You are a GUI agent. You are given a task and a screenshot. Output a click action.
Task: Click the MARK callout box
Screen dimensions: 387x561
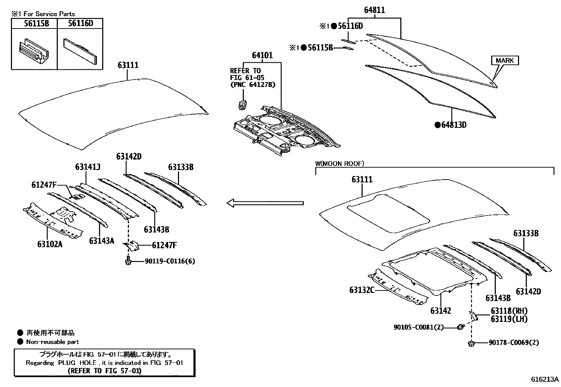(x=505, y=61)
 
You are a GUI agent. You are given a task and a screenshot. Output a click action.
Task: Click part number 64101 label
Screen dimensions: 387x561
(x=262, y=56)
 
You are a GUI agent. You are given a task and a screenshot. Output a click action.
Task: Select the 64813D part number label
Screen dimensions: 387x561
(x=454, y=125)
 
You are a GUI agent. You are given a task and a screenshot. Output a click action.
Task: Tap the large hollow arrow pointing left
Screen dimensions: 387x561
(x=265, y=203)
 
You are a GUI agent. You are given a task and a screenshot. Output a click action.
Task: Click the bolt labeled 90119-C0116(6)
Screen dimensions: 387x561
(x=128, y=261)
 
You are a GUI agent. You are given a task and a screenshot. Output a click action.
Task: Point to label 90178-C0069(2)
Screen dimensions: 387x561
(x=513, y=342)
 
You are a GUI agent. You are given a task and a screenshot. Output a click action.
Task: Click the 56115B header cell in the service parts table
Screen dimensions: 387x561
(x=34, y=24)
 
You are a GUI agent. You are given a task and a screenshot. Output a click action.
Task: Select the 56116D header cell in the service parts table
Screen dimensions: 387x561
(x=80, y=24)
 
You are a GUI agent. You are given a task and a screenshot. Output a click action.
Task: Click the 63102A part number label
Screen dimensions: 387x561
(x=50, y=244)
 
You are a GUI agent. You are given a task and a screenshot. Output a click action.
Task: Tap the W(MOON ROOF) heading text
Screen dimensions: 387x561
(x=340, y=163)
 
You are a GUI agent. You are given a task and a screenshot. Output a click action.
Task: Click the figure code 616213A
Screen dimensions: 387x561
(x=545, y=379)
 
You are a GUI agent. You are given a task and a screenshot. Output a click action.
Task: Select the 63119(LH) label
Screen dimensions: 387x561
(x=509, y=319)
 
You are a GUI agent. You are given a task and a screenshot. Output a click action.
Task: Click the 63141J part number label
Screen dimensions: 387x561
(x=88, y=167)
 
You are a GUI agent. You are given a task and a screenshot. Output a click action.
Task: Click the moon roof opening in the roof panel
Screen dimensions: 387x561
(x=388, y=213)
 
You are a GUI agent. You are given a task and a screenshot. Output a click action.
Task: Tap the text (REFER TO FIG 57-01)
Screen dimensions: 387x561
(x=104, y=371)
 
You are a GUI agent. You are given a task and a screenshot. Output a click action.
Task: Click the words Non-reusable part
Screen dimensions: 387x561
(x=53, y=342)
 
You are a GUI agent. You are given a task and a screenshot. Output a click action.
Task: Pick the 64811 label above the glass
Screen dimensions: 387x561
(x=374, y=11)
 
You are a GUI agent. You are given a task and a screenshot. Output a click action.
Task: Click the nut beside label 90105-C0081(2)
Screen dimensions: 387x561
(x=460, y=327)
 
